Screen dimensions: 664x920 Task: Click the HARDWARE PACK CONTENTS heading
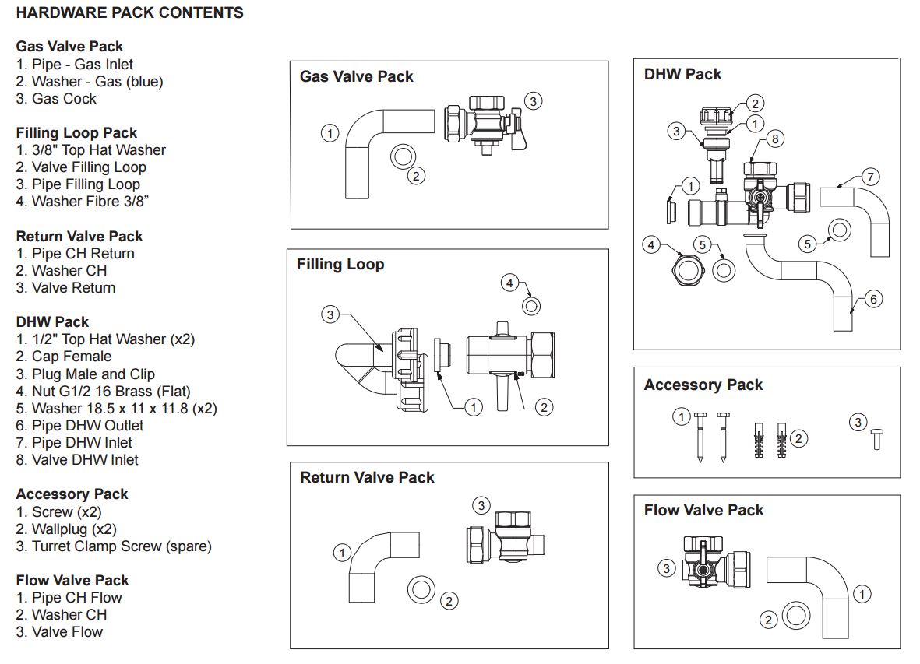pyautogui.click(x=129, y=13)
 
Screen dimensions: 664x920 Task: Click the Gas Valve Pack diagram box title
pyautogui.click(x=356, y=76)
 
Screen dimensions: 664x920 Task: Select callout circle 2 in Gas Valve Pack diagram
pyautogui.click(x=418, y=176)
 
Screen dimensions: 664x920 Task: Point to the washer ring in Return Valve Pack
pyautogui.click(x=421, y=589)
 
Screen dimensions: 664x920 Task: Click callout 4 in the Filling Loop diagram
pyautogui.click(x=509, y=283)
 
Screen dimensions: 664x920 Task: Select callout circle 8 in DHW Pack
pyautogui.click(x=774, y=139)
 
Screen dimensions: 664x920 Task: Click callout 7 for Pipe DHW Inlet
pyautogui.click(x=870, y=177)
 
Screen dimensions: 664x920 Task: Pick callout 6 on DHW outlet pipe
pyautogui.click(x=873, y=299)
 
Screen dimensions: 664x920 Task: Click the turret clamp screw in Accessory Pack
pyautogui.click(x=876, y=440)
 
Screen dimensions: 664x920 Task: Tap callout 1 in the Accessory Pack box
pyautogui.click(x=682, y=417)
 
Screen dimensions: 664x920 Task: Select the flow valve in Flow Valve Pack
pyautogui.click(x=714, y=563)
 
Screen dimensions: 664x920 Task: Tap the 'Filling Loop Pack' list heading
pyautogui.click(x=76, y=133)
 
